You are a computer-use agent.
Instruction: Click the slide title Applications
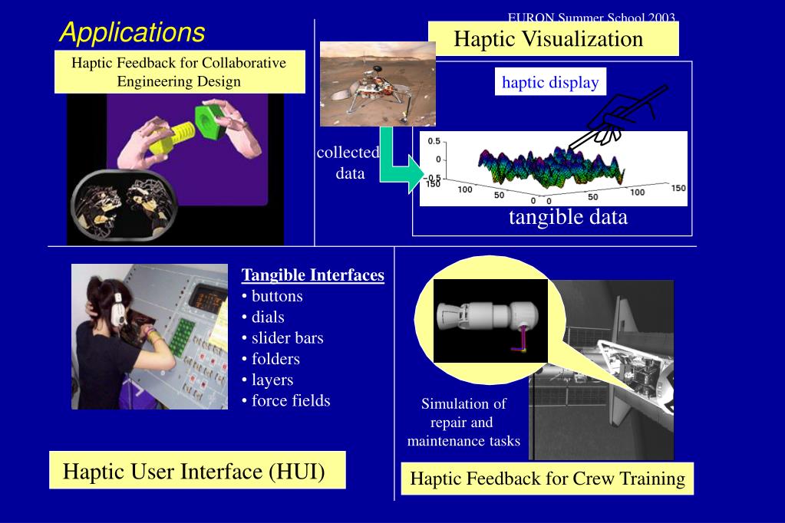tap(132, 32)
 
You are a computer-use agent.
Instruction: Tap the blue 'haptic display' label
tap(550, 82)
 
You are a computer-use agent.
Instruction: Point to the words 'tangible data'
tap(568, 217)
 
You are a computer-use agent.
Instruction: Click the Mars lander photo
tap(377, 83)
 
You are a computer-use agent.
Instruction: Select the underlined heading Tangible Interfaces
tap(312, 275)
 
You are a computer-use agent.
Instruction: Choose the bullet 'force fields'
tap(290, 400)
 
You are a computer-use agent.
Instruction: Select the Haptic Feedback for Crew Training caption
tap(547, 479)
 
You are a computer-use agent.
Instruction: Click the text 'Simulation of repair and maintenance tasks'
tap(463, 422)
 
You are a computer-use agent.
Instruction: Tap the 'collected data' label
tap(349, 163)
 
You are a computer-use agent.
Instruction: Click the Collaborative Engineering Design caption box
tap(179, 71)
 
